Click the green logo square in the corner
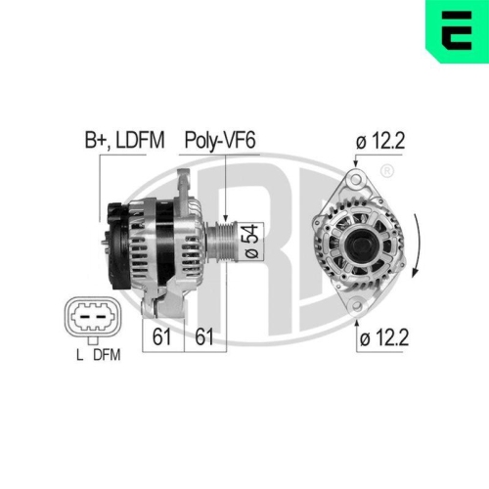click(455, 28)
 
